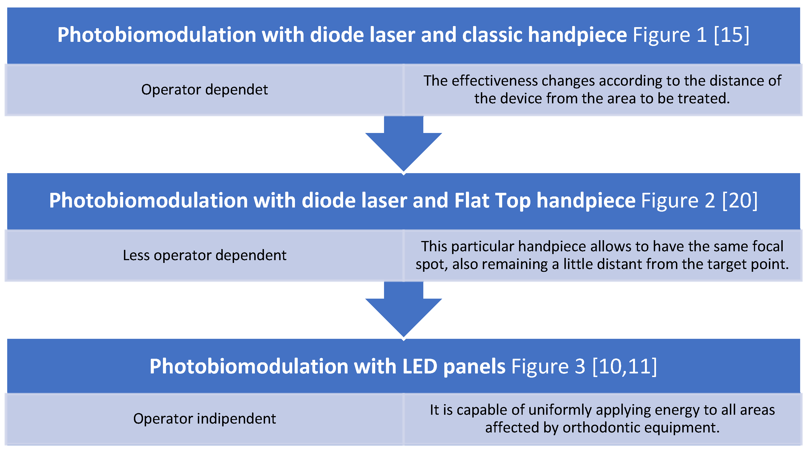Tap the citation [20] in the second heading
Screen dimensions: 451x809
click(x=740, y=200)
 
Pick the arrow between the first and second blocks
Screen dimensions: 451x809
click(x=404, y=145)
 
